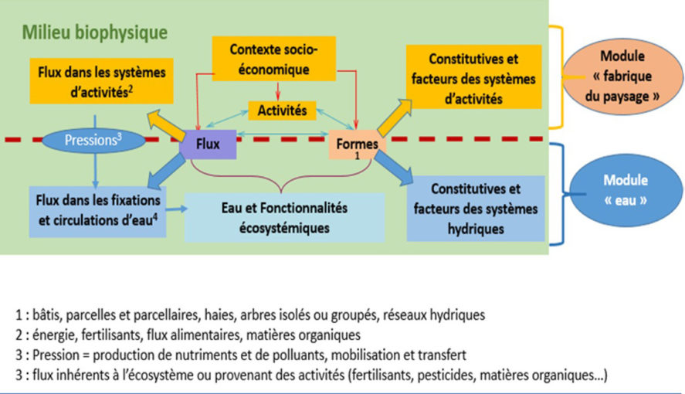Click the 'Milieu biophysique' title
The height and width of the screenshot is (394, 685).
click(x=95, y=32)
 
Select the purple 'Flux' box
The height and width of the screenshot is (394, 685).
click(x=207, y=144)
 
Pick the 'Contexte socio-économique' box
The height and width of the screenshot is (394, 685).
click(x=273, y=60)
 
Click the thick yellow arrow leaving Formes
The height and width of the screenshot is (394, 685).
click(x=391, y=115)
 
